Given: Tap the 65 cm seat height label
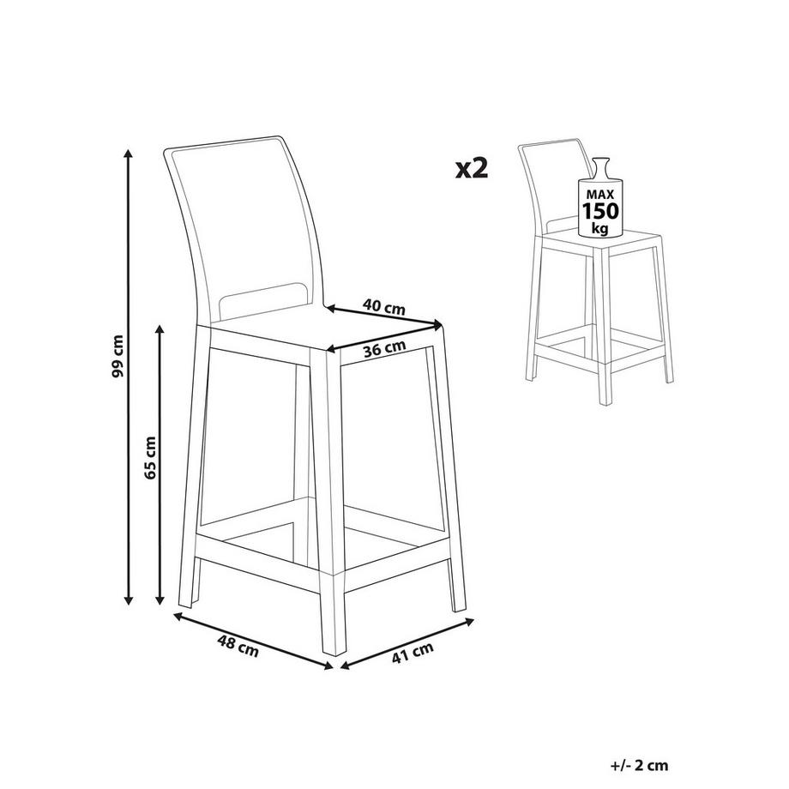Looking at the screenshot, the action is (150, 457).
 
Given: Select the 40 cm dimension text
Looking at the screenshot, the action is (384, 306).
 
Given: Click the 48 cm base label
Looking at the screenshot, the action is (238, 646).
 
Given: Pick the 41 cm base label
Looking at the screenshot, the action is (413, 653).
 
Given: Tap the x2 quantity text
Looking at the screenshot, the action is (472, 169).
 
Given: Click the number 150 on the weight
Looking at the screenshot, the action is (600, 211).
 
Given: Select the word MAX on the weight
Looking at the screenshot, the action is (600, 194).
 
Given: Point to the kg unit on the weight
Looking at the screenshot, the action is (599, 228).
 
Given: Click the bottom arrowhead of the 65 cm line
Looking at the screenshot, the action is (160, 600).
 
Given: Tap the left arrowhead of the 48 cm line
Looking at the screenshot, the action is (178, 616).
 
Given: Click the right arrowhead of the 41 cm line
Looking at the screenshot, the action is (469, 622).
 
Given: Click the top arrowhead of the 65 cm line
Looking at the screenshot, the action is (160, 329).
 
